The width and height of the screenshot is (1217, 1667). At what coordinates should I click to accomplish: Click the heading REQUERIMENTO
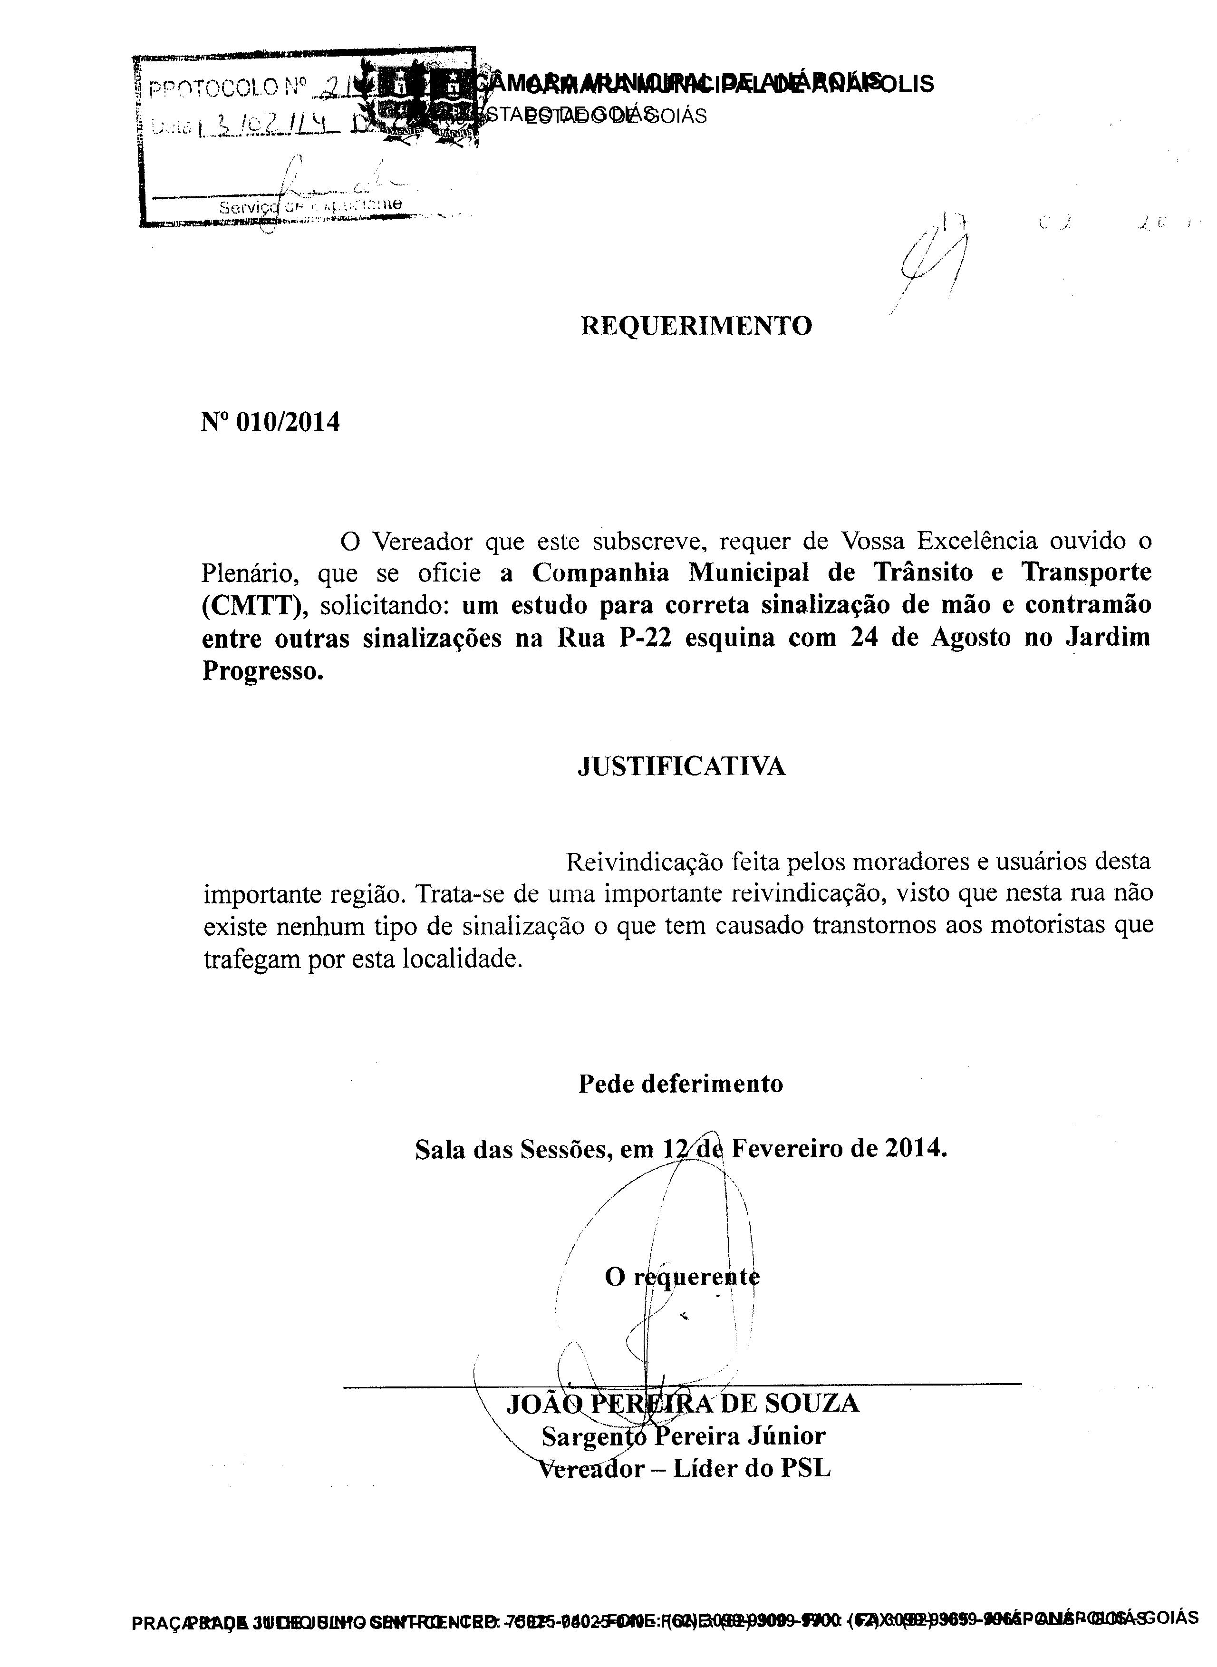(696, 326)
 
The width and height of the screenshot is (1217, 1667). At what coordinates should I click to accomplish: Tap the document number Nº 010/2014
(270, 422)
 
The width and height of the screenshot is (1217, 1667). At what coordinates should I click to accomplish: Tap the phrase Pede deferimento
(681, 1084)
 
